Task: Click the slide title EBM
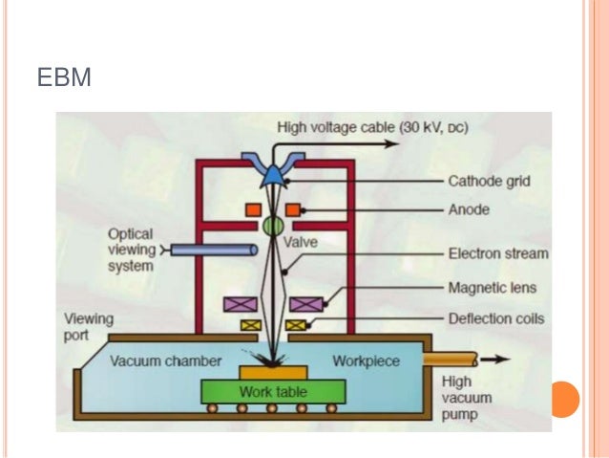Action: coord(64,77)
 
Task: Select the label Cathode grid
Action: coord(489,181)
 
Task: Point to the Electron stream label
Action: coord(498,253)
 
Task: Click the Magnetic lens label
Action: coord(493,287)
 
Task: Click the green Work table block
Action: coord(273,392)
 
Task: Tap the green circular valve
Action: coord(274,227)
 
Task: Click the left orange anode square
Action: coord(253,208)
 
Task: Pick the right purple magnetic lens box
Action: coord(305,304)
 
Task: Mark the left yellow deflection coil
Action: coord(251,325)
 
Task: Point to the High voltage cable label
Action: coord(372,126)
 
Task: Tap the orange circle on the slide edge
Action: coord(566,399)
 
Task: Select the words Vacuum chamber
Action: coord(165,361)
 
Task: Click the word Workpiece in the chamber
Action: coord(367,360)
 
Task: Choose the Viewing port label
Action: coord(88,327)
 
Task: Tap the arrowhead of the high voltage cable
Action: coord(390,144)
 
